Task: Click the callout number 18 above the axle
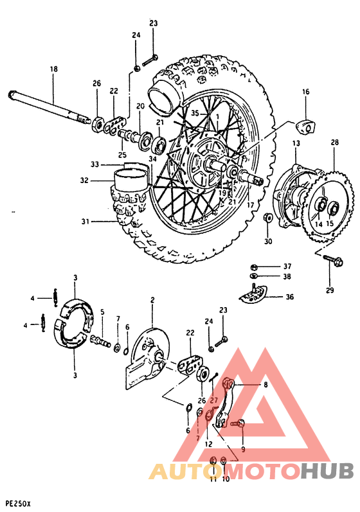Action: tap(53, 69)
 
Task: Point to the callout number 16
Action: tap(305, 92)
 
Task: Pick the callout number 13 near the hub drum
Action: tap(296, 143)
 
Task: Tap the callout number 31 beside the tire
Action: tap(85, 222)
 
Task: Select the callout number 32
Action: tap(84, 181)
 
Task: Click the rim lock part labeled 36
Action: tap(256, 294)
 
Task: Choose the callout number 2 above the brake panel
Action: tap(152, 300)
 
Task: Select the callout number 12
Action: tap(208, 444)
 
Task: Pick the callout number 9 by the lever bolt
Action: tap(243, 449)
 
